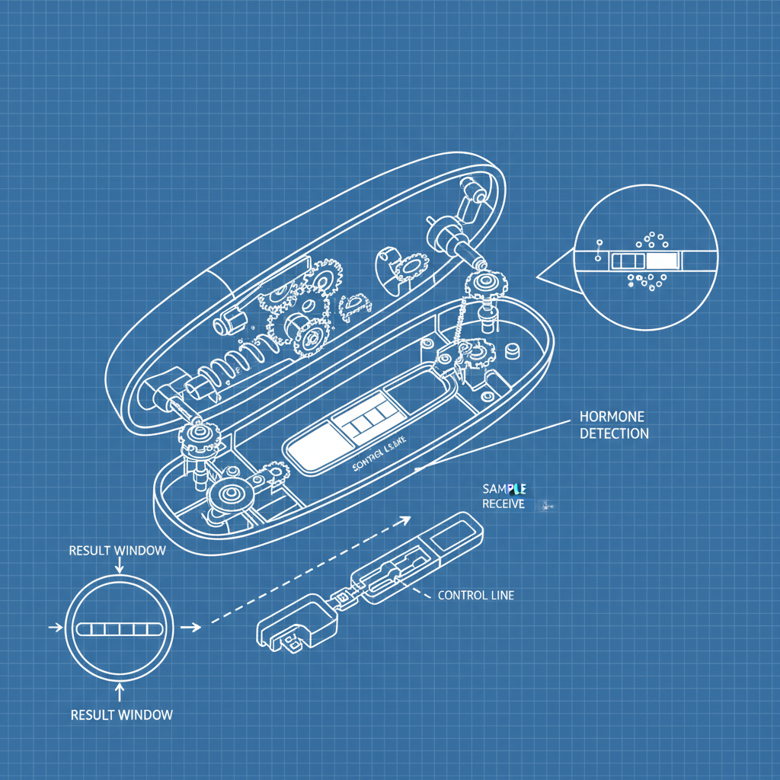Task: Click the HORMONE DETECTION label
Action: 613,425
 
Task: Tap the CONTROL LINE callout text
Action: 475,595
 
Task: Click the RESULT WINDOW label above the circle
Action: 117,551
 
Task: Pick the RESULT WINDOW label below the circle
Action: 121,714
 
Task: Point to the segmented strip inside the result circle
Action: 120,628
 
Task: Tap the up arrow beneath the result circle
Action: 120,690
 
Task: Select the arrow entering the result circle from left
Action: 56,628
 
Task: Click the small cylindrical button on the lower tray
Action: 513,351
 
